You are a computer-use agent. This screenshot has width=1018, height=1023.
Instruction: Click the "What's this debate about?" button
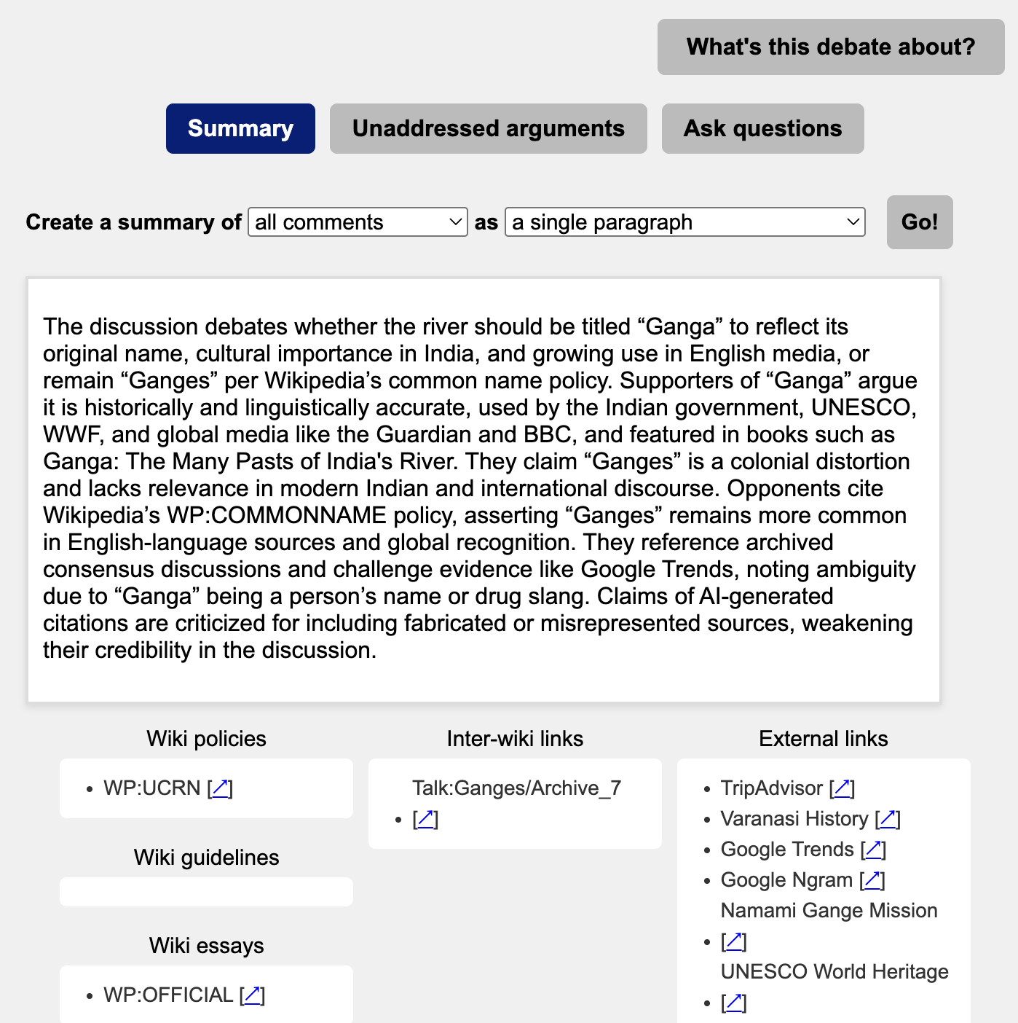pyautogui.click(x=830, y=47)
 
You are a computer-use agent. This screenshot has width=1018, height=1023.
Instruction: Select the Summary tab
pyautogui.click(x=240, y=128)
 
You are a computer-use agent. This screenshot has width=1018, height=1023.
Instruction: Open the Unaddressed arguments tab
pyautogui.click(x=488, y=128)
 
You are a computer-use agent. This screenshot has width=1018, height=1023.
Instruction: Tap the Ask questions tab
pyautogui.click(x=762, y=128)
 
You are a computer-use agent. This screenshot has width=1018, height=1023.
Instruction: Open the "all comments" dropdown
pyautogui.click(x=358, y=222)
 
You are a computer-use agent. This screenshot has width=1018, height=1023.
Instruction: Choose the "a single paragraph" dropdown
pyautogui.click(x=684, y=222)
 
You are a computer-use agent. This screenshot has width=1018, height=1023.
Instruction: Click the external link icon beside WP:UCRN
pyautogui.click(x=220, y=788)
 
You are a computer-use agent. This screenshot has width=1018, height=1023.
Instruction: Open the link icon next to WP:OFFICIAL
pyautogui.click(x=252, y=995)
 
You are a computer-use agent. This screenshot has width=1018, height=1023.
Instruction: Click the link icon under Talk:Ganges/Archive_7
pyautogui.click(x=425, y=820)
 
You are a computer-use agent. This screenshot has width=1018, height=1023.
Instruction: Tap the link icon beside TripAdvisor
pyautogui.click(x=842, y=788)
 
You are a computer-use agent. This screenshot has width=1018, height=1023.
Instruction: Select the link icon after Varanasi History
pyautogui.click(x=888, y=819)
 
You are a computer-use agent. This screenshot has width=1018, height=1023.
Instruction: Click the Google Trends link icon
pyautogui.click(x=873, y=850)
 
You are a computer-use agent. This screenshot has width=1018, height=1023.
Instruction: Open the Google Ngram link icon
pyautogui.click(x=872, y=880)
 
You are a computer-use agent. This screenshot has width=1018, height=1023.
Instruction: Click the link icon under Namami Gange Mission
pyautogui.click(x=734, y=942)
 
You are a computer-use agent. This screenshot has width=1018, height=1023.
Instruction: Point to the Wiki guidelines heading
pyautogui.click(x=206, y=858)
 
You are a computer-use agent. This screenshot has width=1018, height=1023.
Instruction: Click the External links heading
pyautogui.click(x=823, y=739)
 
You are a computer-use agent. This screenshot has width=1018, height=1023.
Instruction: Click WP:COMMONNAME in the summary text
pyautogui.click(x=277, y=515)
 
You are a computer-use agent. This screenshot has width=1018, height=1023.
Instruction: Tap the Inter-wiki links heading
pyautogui.click(x=515, y=739)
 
